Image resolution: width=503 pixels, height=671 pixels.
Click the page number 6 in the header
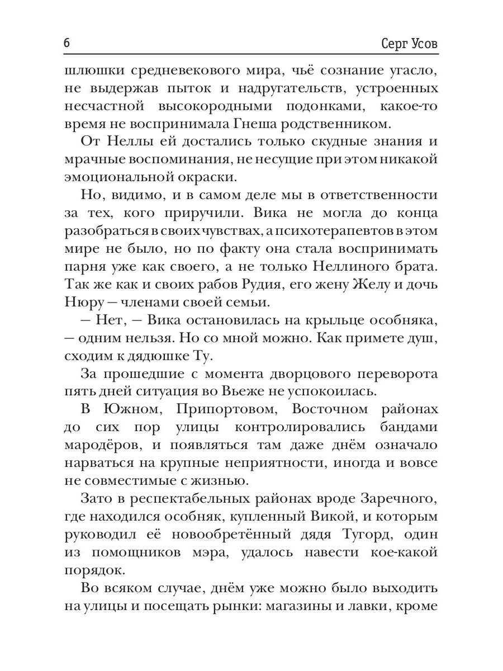coord(67,42)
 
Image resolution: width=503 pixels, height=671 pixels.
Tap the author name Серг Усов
coord(405,43)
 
